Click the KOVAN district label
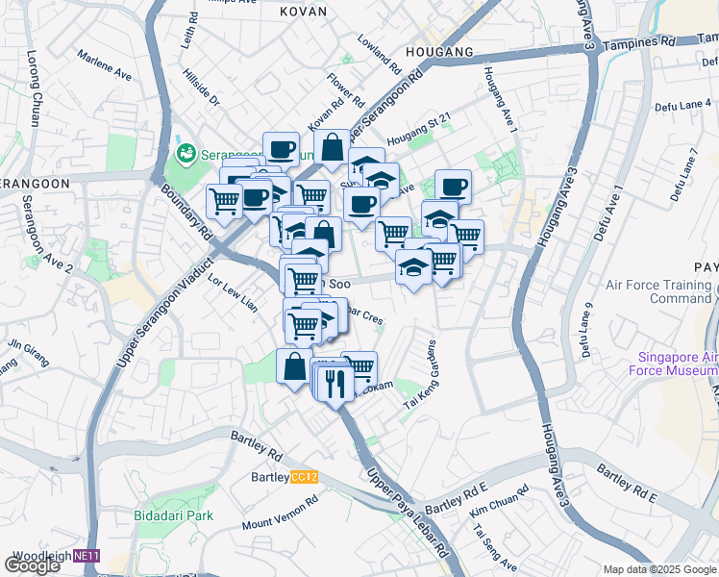[304, 12]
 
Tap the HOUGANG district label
[439, 51]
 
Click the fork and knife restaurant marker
[335, 385]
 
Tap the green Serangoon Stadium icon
[185, 154]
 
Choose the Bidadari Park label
[174, 515]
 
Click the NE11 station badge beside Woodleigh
[87, 556]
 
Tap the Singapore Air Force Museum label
[673, 364]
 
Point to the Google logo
[33, 565]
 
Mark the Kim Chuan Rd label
[500, 504]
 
